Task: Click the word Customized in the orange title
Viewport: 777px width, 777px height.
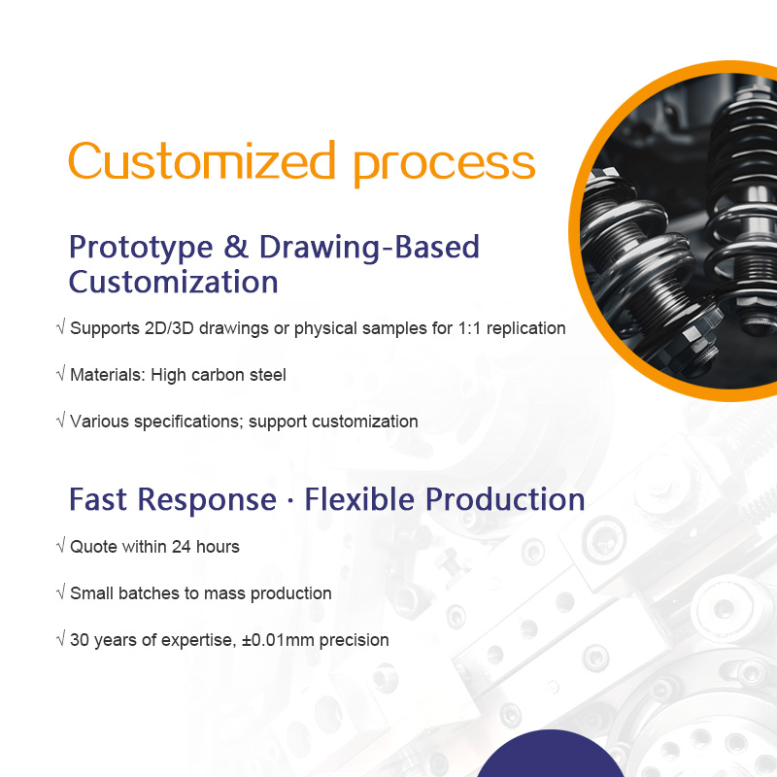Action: [202, 160]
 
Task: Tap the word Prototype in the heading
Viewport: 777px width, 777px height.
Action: [141, 248]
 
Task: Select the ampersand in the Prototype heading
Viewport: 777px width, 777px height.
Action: [235, 247]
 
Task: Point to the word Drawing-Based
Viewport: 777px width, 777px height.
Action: [369, 247]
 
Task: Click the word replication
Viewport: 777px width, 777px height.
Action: [525, 328]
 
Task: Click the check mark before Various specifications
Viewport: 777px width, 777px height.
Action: [61, 421]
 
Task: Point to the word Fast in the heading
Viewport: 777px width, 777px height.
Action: [98, 498]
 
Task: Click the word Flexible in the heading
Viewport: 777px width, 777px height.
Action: [359, 498]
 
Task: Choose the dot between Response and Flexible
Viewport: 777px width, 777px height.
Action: [290, 501]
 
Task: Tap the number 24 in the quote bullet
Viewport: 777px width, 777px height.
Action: [182, 547]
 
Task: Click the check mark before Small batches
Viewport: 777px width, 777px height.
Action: [61, 592]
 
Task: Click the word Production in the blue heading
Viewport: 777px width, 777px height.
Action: [505, 498]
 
